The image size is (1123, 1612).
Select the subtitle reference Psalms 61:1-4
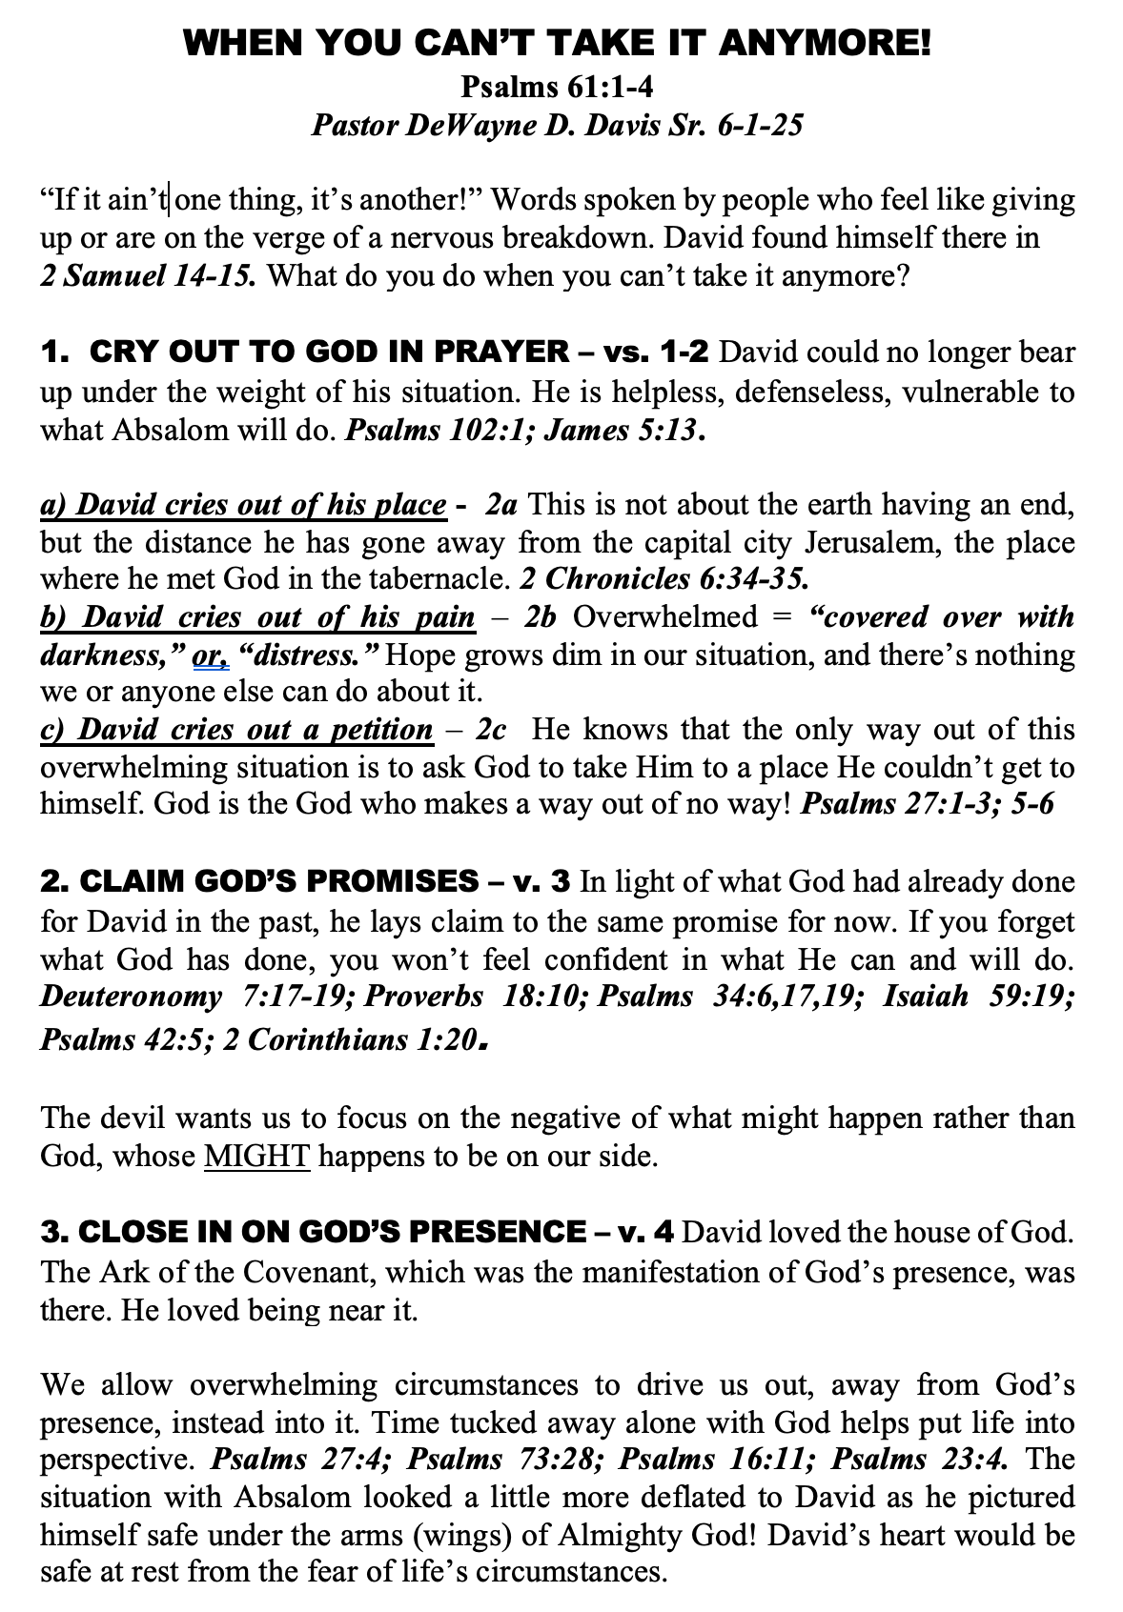(x=557, y=87)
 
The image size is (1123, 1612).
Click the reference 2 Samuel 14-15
(x=148, y=275)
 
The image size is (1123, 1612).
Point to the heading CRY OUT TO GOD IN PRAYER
(x=329, y=352)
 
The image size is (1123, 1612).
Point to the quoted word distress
(x=313, y=655)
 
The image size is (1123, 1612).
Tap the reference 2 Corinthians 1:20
(x=349, y=1038)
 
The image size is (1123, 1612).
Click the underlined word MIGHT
(x=257, y=1157)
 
